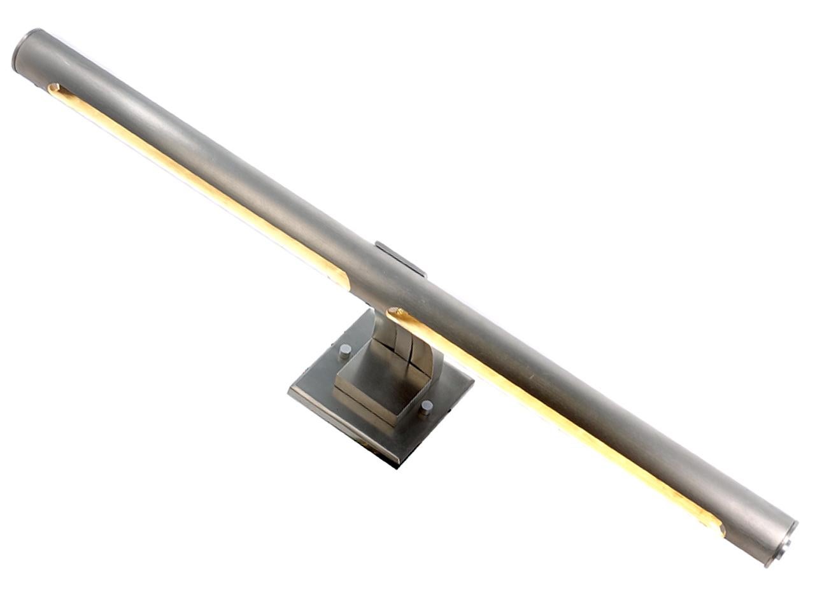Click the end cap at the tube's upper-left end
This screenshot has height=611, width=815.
(20, 50)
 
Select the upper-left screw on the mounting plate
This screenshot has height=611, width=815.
(344, 349)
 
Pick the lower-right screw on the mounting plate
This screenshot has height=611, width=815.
(425, 407)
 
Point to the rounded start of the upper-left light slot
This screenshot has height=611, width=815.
(53, 88)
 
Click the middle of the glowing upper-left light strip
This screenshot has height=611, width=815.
(191, 181)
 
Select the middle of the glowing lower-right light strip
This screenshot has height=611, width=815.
(560, 420)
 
